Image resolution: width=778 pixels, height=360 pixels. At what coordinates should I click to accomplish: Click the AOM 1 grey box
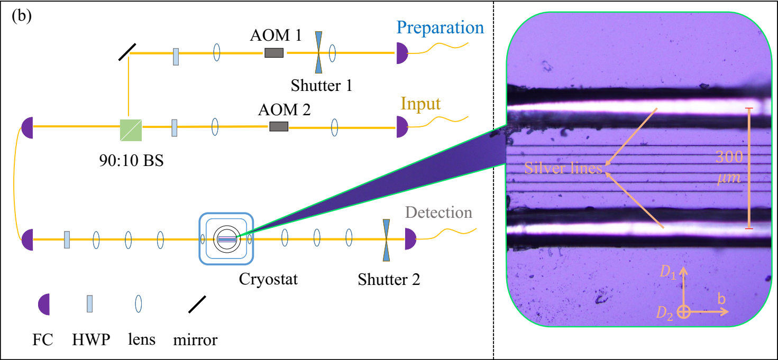pos(274,53)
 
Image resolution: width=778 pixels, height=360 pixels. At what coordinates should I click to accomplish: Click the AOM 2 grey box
pos(279,126)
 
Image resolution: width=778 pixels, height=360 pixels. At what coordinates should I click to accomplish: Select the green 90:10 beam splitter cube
pos(131,130)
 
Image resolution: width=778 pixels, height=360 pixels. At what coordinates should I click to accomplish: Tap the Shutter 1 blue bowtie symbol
pos(318,52)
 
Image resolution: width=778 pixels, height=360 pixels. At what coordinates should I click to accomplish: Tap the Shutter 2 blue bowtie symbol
pos(386,240)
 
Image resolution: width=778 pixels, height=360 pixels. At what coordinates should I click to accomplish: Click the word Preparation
pos(440,28)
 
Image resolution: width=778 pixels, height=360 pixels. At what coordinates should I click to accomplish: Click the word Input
pos(420,104)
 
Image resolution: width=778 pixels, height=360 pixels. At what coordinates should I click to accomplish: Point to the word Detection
pos(438,213)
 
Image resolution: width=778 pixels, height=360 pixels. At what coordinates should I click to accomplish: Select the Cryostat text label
pos(268,279)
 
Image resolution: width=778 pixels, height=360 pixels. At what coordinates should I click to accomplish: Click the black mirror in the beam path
pos(127,52)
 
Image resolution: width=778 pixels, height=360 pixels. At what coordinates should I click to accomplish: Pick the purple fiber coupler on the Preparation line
pos(402,53)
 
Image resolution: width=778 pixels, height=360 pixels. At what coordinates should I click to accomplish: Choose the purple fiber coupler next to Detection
pos(410,239)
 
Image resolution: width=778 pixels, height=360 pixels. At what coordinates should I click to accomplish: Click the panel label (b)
pos(22,16)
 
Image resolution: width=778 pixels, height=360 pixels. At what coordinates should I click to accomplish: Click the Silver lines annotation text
pos(563,168)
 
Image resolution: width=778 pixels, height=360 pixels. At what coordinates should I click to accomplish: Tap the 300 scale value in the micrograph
pos(729,157)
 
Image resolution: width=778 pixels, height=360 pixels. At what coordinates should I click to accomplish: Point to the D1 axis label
pos(668,272)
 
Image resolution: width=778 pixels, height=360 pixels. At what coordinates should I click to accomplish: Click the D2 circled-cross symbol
pos(683,312)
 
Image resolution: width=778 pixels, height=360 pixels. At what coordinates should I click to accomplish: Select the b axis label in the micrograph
pos(721,299)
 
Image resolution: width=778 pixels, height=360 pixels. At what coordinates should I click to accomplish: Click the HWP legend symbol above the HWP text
pos(89,304)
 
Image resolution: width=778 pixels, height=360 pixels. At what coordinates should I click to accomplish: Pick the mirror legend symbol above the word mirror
pos(197,304)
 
